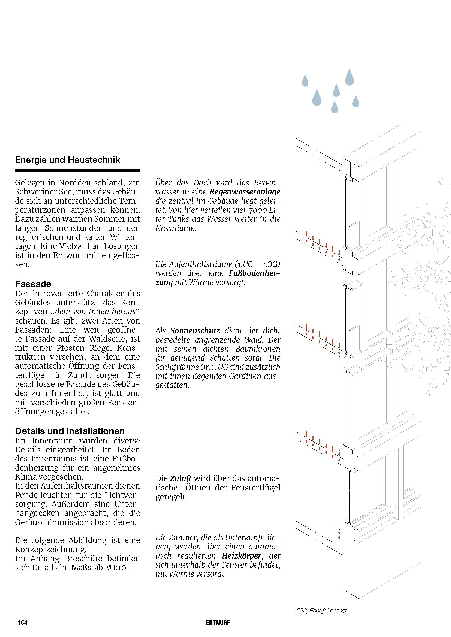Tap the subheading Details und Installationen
[70, 431]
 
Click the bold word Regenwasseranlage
[245, 192]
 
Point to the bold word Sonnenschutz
[195, 330]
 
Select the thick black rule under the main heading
[78, 170]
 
